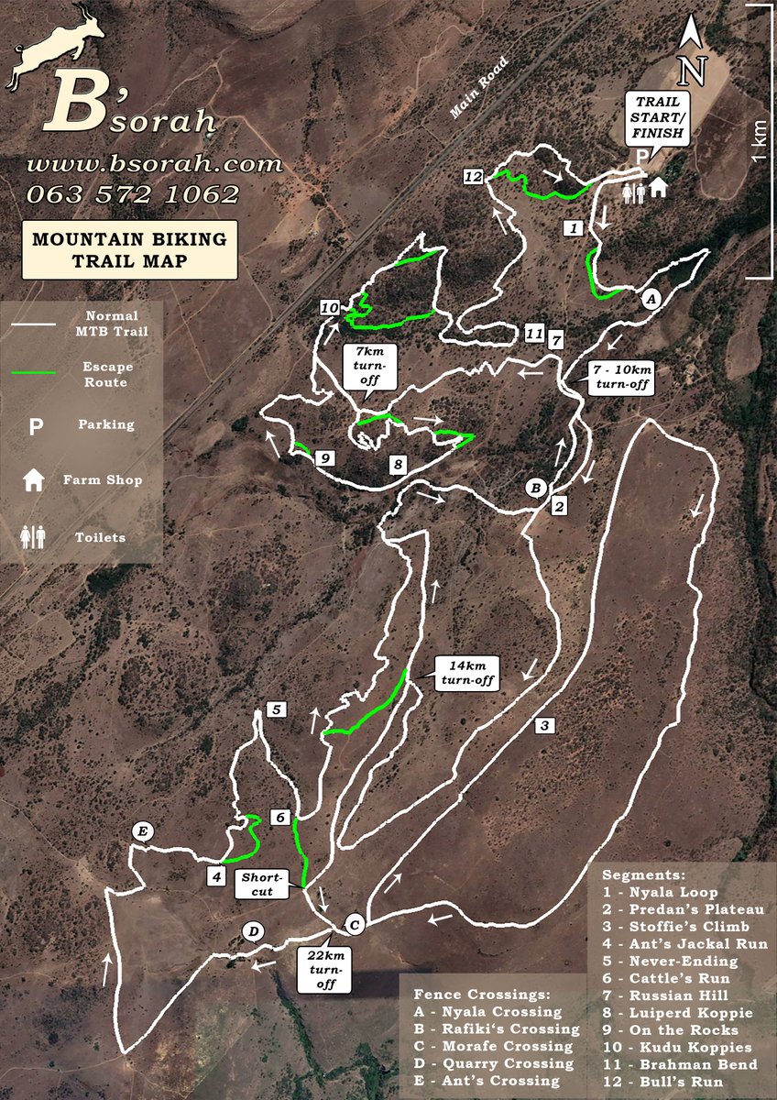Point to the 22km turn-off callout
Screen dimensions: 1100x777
[325, 971]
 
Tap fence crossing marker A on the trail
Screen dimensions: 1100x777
[651, 299]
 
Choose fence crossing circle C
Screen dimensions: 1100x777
[356, 924]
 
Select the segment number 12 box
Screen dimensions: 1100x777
[474, 177]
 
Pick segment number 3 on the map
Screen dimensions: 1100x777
[543, 726]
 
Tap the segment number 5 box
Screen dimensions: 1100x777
[276, 709]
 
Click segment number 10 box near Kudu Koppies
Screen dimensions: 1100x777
[331, 307]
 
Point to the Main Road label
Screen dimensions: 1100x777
[478, 88]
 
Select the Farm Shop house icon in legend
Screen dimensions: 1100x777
[35, 479]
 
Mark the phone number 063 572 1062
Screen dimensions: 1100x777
[133, 194]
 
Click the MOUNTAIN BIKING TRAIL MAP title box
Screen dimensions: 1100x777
[129, 249]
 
